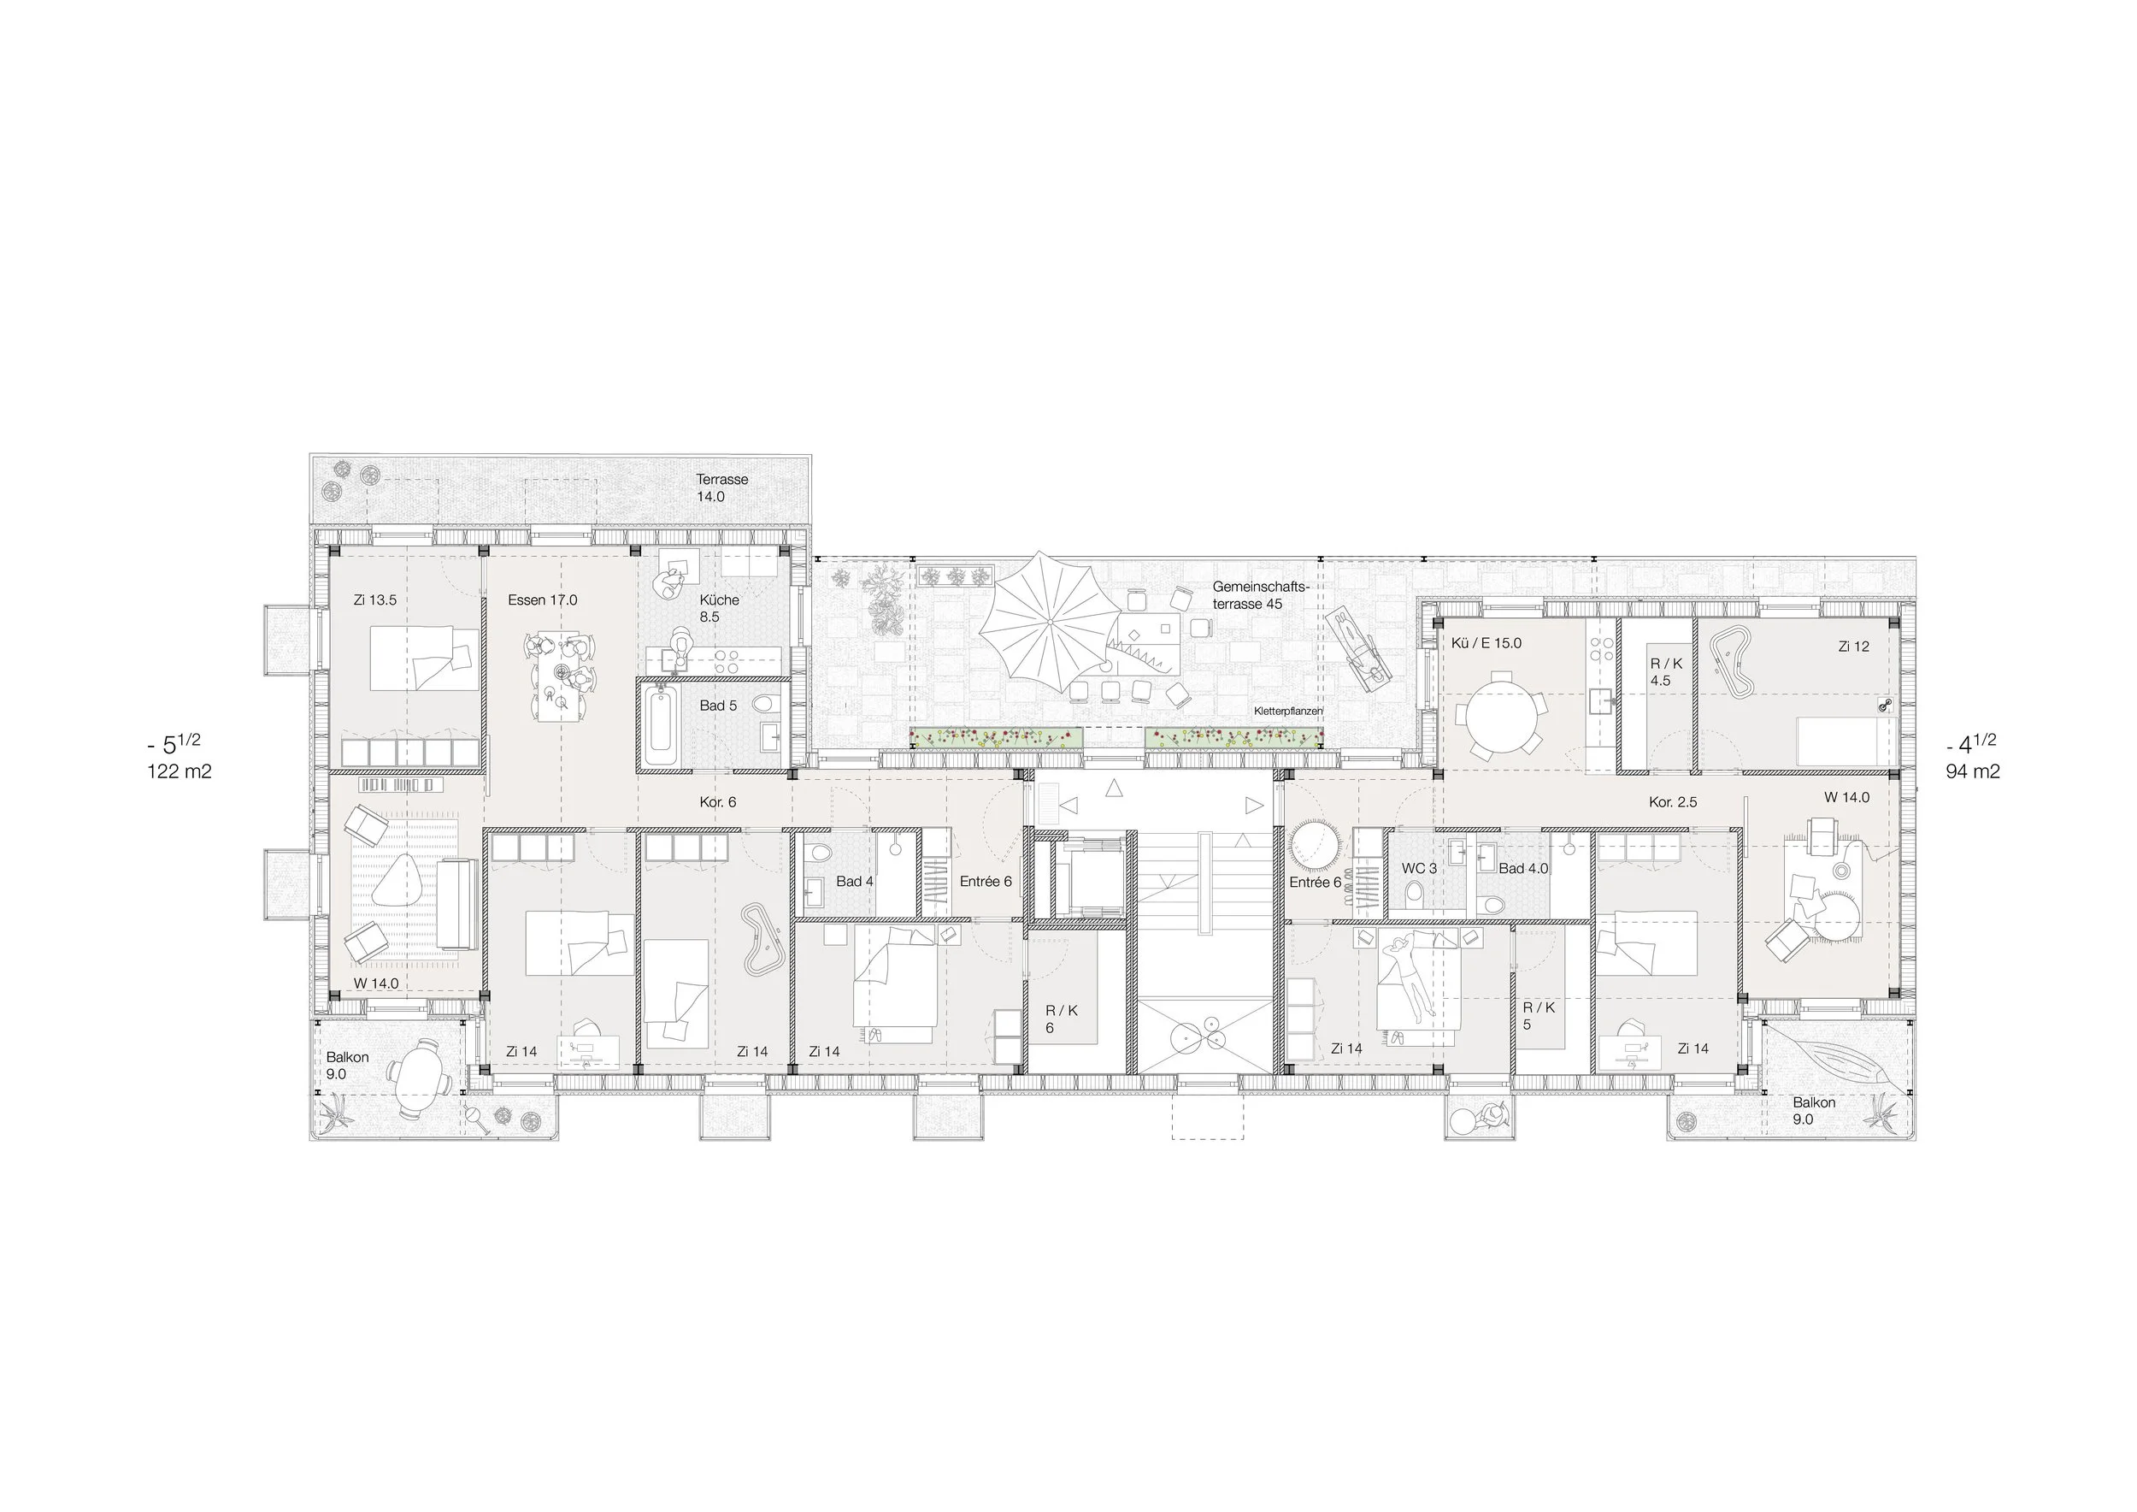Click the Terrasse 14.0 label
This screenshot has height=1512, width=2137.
tap(722, 487)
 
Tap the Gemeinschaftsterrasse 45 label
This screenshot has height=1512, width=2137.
tap(1260, 596)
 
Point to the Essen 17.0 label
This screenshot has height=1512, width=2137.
tap(543, 600)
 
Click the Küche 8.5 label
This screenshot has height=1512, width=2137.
tap(720, 608)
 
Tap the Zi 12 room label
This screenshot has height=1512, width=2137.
tap(1853, 647)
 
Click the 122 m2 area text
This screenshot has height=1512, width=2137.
tap(180, 771)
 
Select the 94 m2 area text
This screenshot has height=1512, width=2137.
tap(1972, 771)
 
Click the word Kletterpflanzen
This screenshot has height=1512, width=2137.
tap(1288, 711)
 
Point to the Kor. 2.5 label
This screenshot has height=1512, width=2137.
tap(1673, 801)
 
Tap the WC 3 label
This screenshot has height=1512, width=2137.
tap(1419, 869)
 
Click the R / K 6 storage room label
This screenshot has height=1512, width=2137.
tap(1061, 1019)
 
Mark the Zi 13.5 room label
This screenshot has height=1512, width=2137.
tap(375, 600)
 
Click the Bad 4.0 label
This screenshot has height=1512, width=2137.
tap(1523, 869)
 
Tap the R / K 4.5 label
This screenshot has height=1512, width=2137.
tap(1666, 672)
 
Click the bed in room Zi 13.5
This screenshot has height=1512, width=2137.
tap(425, 659)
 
